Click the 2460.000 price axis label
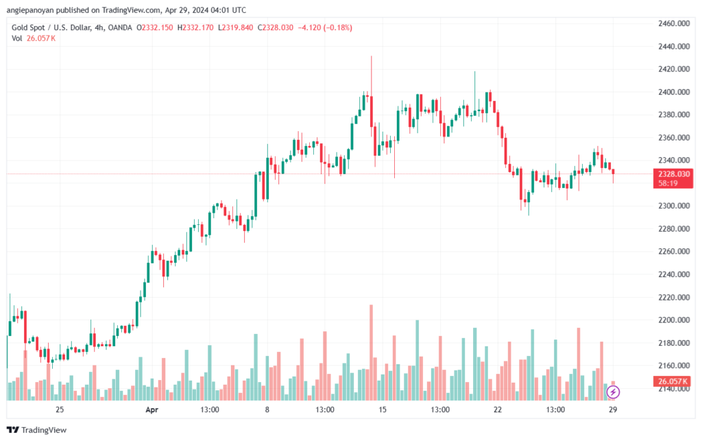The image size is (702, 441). pos(674,23)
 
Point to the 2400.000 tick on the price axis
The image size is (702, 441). pos(674,92)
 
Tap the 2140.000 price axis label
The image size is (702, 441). pos(674,388)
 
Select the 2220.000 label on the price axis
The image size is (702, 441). pos(674,297)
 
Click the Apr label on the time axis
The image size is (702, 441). pos(152,409)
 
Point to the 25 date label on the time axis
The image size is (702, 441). pos(60,409)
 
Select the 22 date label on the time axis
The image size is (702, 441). pos(498,409)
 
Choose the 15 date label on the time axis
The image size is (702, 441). pos(383,409)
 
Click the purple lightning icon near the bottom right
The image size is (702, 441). pos(614,392)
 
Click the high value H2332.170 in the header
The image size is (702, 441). pos(195,27)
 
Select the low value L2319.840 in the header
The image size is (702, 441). pos(235,27)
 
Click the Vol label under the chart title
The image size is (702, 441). pos(17,38)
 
